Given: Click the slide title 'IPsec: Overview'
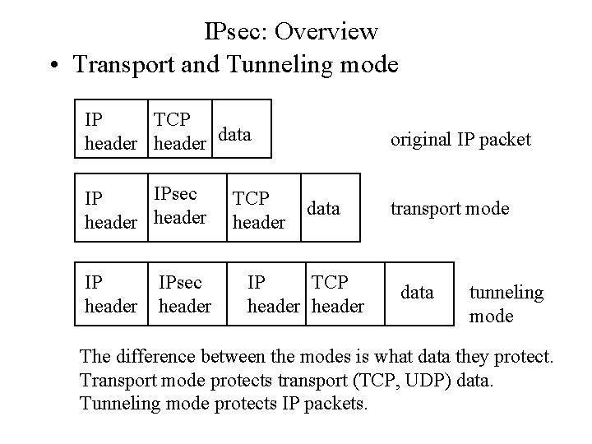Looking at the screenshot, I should tap(291, 31).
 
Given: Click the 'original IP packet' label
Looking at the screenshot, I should tap(460, 139).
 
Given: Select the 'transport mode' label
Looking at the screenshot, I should tap(450, 208).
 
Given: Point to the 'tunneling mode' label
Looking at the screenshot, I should tap(506, 303).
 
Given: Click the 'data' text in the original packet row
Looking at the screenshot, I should tap(235, 134).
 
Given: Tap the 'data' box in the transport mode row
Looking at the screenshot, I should tap(323, 208).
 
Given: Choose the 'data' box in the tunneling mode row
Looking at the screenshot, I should tap(417, 291).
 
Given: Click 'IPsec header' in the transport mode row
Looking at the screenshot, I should tap(179, 206).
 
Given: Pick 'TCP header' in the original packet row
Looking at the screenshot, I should tap(179, 131).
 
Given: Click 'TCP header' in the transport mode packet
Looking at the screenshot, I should tap(260, 210).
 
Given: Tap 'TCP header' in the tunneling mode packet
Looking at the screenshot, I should tap(336, 294).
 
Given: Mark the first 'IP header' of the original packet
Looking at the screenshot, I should tap(110, 131).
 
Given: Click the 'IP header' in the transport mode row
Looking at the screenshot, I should tap(110, 210).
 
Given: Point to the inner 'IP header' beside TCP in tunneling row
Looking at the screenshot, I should tap(274, 294).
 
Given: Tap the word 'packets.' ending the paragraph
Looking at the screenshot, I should tap(336, 404).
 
